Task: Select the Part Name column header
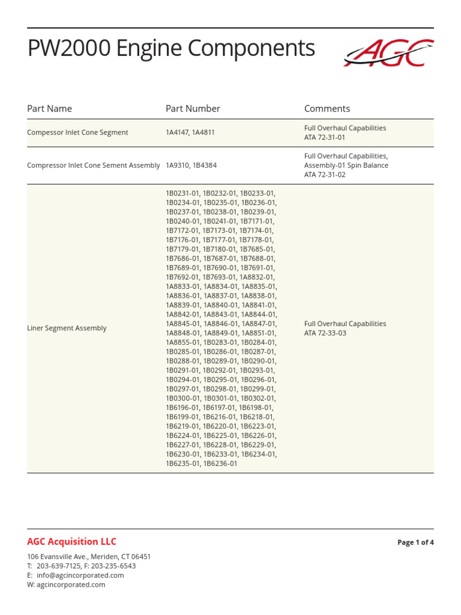pyautogui.click(x=49, y=109)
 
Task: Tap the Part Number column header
pyautogui.click(x=193, y=109)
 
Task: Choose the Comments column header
pyautogui.click(x=327, y=109)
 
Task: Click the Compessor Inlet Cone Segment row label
pyautogui.click(x=77, y=133)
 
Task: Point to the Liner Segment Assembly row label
pyautogui.click(x=67, y=329)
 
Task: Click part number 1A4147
pyautogui.click(x=177, y=133)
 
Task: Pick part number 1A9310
pyautogui.click(x=177, y=165)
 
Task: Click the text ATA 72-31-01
pyautogui.click(x=325, y=138)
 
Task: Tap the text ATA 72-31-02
pyautogui.click(x=325, y=175)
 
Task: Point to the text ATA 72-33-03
pyautogui.click(x=325, y=333)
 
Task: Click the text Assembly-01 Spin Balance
pyautogui.click(x=346, y=165)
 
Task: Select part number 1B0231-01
pyautogui.click(x=183, y=193)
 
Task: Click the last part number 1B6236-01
pyautogui.click(x=220, y=464)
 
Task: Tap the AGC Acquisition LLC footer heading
pyautogui.click(x=71, y=542)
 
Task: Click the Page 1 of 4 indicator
pyautogui.click(x=415, y=542)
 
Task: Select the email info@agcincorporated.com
pyautogui.click(x=80, y=575)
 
